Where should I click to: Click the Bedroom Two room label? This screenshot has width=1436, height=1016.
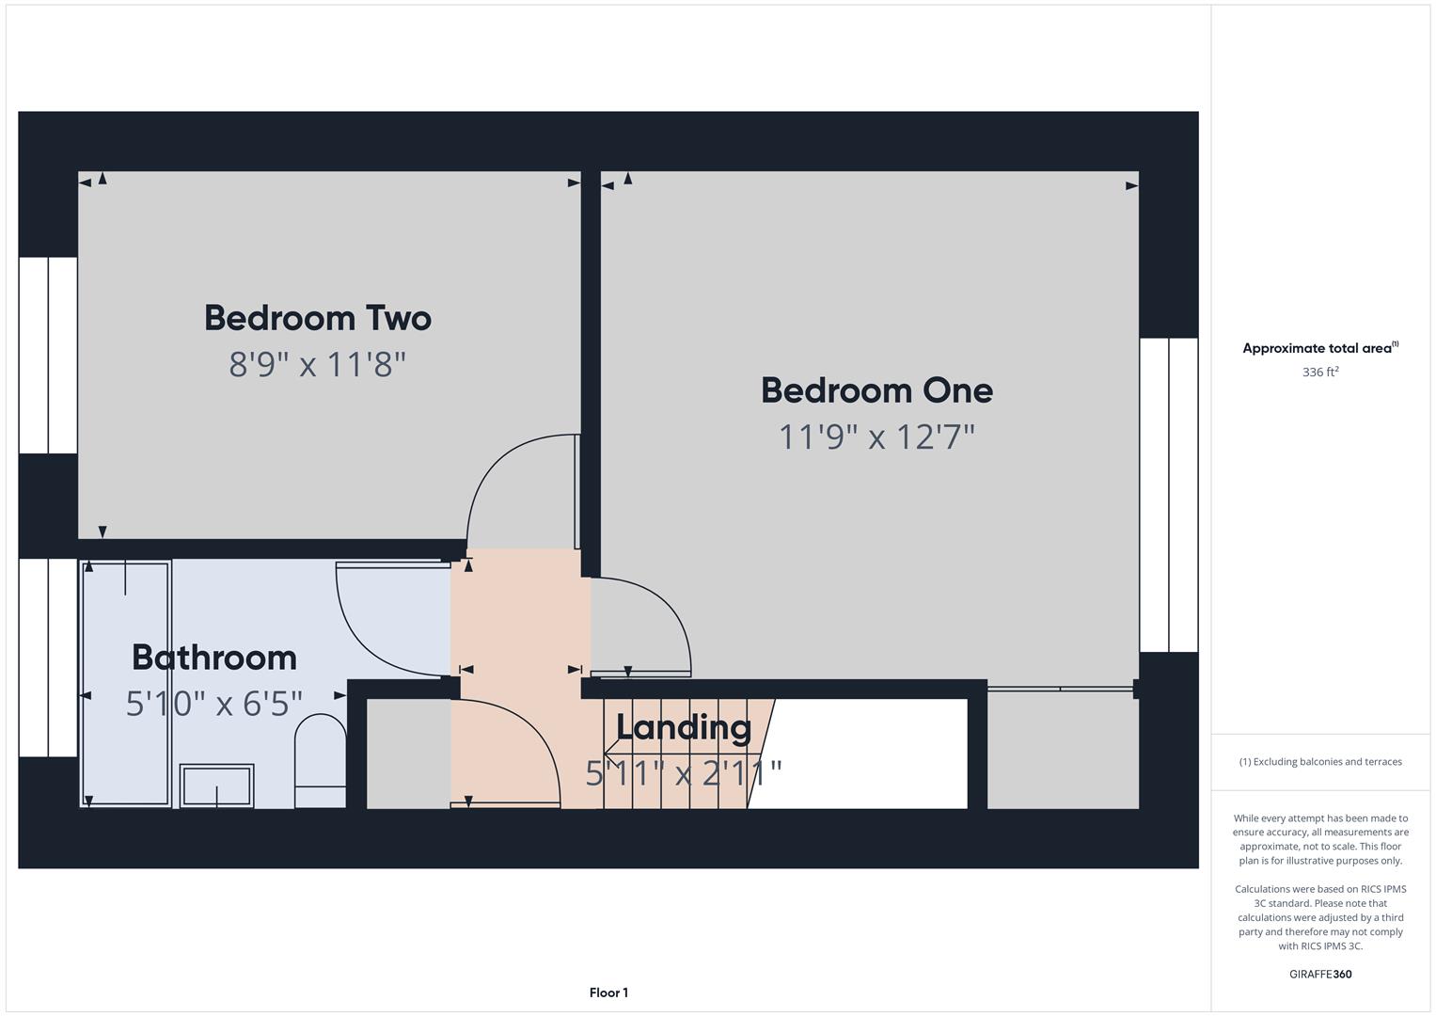(318, 318)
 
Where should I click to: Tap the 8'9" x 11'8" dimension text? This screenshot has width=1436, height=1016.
(318, 364)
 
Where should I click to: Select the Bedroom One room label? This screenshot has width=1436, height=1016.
(876, 390)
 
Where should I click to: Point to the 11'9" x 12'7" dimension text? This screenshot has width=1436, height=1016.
(876, 437)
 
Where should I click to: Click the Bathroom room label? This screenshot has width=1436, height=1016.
(214, 658)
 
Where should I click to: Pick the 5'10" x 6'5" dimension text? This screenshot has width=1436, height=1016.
(214, 703)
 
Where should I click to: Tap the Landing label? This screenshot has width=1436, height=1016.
(684, 727)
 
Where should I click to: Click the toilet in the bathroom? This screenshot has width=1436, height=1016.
(321, 760)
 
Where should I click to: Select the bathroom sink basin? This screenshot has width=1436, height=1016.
(216, 786)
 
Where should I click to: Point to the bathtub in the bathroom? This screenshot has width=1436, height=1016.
(126, 683)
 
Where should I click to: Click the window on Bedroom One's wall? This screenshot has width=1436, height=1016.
(1169, 495)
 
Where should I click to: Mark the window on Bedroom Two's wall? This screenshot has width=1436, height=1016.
(48, 355)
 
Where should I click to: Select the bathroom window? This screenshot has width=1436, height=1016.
(48, 657)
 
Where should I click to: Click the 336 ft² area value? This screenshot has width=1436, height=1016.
(1320, 372)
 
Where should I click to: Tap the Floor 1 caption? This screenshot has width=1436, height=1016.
(608, 992)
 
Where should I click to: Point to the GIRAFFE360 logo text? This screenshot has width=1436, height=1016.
(1320, 974)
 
